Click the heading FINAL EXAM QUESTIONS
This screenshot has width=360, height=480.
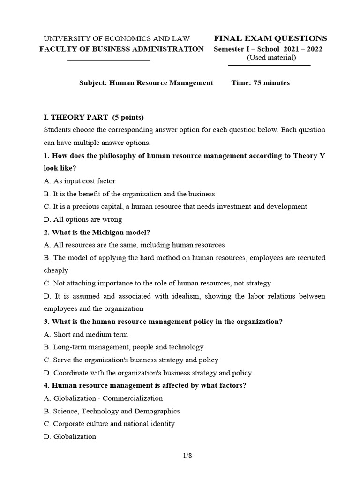270,38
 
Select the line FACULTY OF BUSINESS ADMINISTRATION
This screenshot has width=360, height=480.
121,49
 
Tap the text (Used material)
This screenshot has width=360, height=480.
271,58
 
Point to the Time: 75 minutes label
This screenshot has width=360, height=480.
261,83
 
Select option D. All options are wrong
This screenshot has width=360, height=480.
83,219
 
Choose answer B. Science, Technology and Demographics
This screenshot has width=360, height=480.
112,411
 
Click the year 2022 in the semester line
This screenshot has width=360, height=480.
313,49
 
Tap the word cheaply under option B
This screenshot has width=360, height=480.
56,270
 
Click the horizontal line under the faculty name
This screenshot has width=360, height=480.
109,60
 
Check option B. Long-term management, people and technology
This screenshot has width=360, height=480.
124,347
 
